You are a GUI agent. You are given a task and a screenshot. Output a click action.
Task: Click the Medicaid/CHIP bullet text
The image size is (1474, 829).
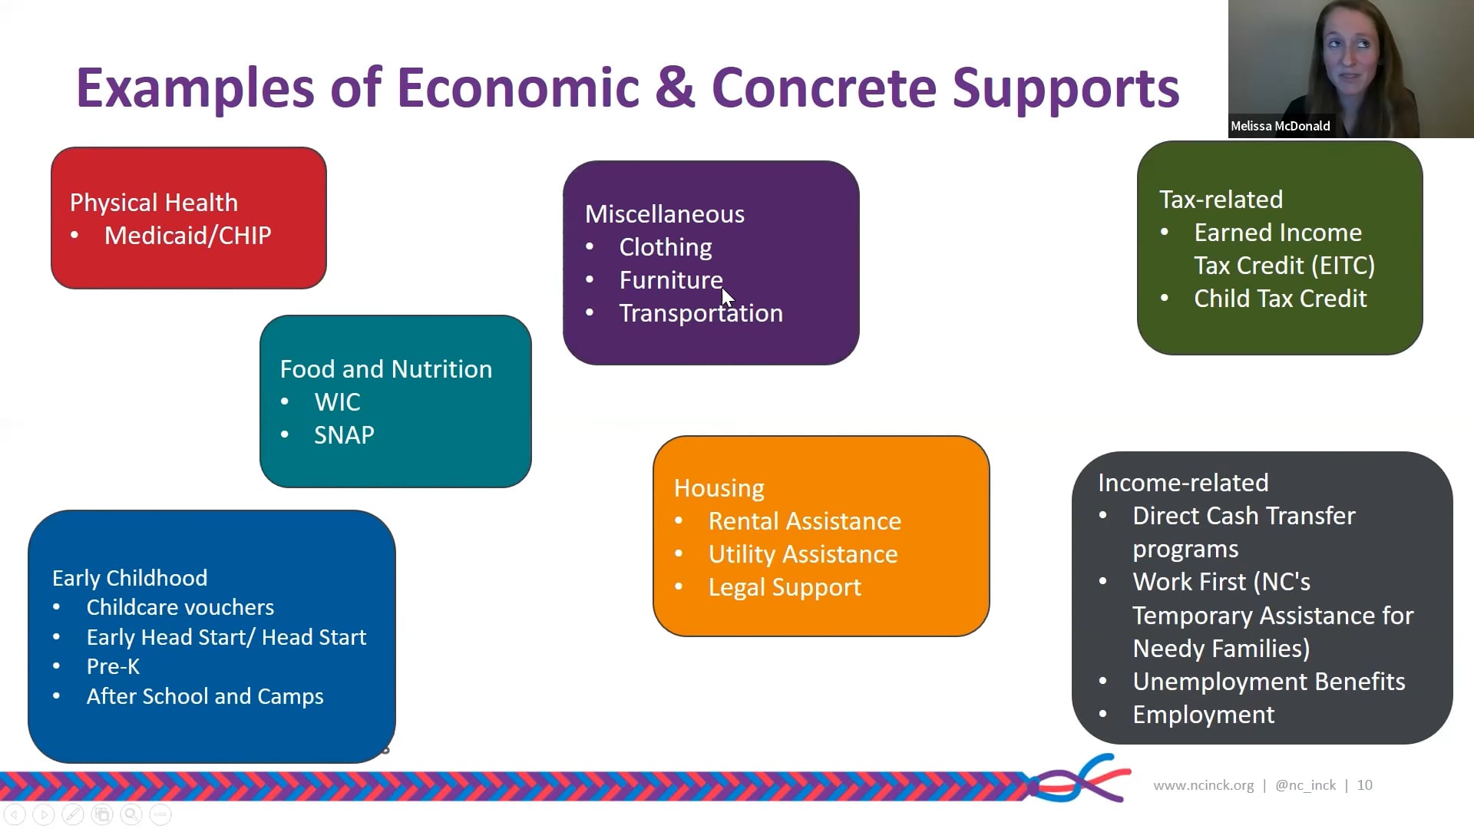[x=187, y=236]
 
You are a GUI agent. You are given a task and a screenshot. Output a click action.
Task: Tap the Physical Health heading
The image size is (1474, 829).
[x=154, y=203]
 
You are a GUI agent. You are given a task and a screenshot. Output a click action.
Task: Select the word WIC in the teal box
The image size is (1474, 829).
[x=337, y=402]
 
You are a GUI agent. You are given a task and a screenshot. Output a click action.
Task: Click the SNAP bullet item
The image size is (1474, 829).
[x=344, y=435]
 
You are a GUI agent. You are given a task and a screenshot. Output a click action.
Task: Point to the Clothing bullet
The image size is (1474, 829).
[x=666, y=247]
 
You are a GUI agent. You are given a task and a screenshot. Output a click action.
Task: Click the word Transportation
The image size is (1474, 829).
[x=701, y=313]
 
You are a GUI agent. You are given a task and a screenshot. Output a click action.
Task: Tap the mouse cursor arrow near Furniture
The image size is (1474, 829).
[x=727, y=297]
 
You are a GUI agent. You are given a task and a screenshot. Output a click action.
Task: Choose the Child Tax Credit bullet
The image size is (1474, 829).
[x=1280, y=299]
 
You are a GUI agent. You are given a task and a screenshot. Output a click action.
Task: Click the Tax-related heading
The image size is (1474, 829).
[x=1221, y=200]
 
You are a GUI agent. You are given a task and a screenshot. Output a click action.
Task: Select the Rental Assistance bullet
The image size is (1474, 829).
[x=805, y=521]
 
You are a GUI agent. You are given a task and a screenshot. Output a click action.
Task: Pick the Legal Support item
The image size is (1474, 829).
[x=785, y=587]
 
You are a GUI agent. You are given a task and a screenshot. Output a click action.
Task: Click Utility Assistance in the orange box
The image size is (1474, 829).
[x=803, y=554]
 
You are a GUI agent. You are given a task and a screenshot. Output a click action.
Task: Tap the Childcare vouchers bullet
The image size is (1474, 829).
[x=180, y=607]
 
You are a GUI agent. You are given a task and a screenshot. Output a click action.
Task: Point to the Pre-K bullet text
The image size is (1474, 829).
[x=113, y=666]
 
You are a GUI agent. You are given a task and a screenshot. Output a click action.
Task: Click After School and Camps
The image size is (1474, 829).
[x=205, y=696]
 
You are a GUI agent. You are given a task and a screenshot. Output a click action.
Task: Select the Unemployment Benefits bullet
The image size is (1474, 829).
[x=1268, y=682]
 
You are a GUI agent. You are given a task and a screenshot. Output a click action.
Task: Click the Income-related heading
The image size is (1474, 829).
[x=1182, y=483]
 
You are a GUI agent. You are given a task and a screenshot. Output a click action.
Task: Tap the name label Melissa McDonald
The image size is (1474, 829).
[x=1280, y=126]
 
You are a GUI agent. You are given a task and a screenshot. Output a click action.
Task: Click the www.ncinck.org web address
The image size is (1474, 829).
[x=1203, y=785]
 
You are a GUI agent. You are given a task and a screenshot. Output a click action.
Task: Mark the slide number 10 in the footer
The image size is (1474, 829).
[x=1364, y=785]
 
